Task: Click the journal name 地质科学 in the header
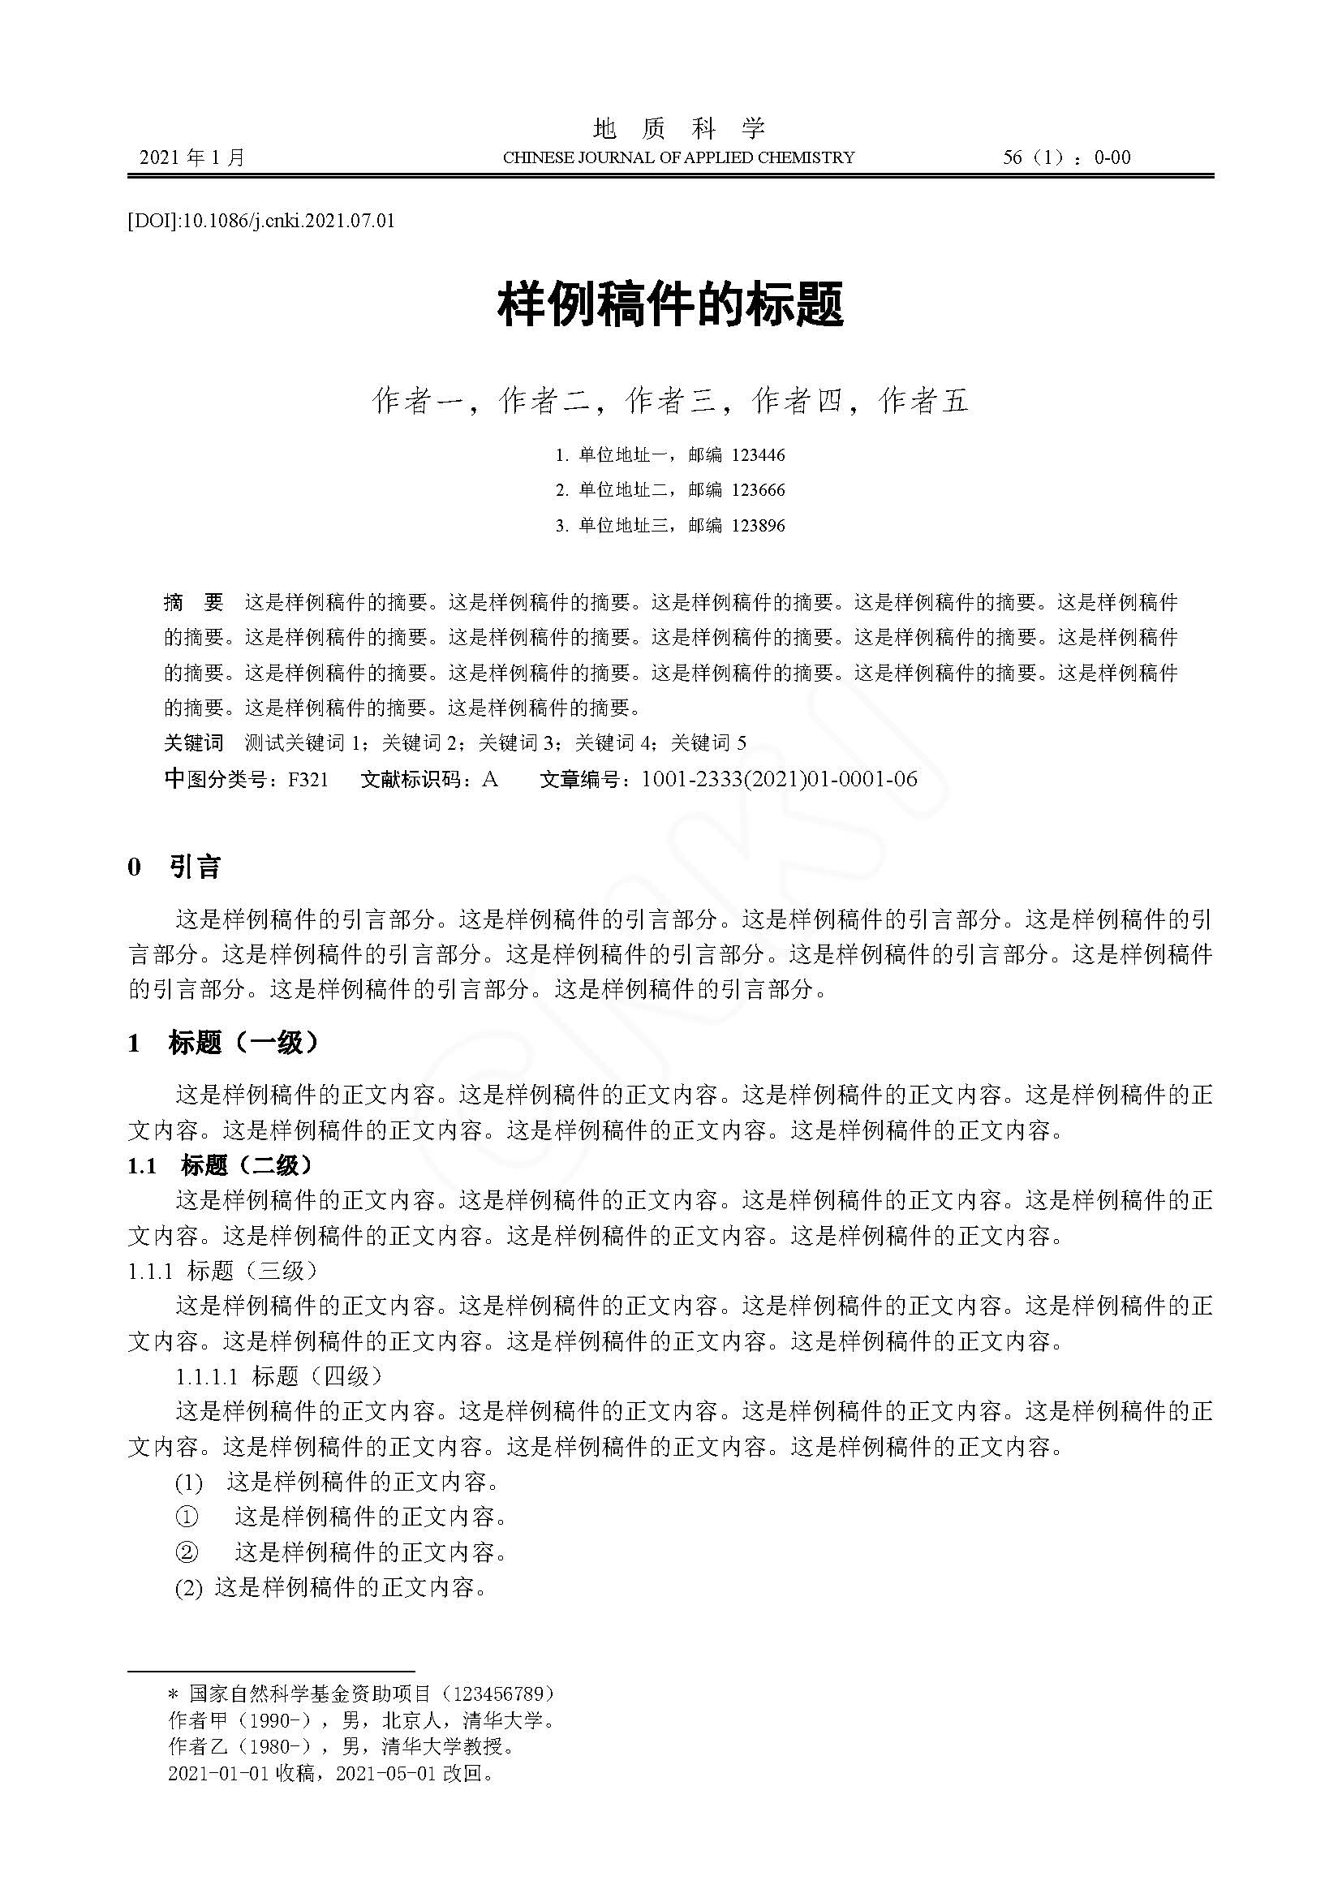679,128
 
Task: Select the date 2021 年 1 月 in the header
192,157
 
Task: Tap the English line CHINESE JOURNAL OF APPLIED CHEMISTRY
678,157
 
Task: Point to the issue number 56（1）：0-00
1066,157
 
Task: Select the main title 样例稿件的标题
670,303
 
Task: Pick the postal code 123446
759,454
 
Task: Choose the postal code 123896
759,525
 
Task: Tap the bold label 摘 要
193,602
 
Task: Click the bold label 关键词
193,742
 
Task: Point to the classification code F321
308,779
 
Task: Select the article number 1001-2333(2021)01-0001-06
778,779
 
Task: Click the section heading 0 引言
174,867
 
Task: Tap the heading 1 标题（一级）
222,1044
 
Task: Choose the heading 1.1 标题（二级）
220,1165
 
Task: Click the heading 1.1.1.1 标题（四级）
279,1376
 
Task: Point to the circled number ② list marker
187,1552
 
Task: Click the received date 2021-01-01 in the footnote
219,1773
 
